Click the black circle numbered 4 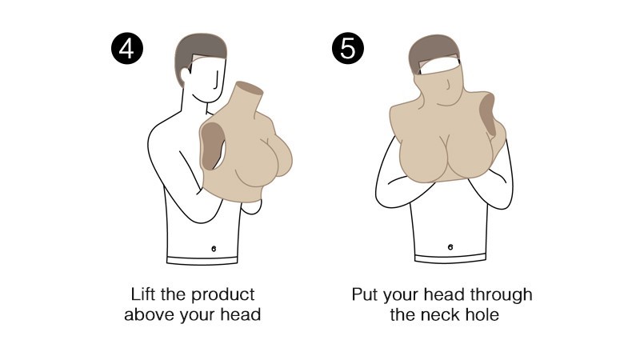pyautogui.click(x=127, y=49)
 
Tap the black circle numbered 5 pyautogui.click(x=348, y=49)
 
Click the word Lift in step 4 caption pyautogui.click(x=143, y=294)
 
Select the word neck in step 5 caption pyautogui.click(x=438, y=314)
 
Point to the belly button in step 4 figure pyautogui.click(x=214, y=249)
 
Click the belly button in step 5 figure pyautogui.click(x=450, y=247)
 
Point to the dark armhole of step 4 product pyautogui.click(x=211, y=146)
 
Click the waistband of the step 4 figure pyautogui.click(x=202, y=259)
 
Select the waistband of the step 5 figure pyautogui.click(x=450, y=258)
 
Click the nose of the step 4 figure pyautogui.click(x=216, y=82)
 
